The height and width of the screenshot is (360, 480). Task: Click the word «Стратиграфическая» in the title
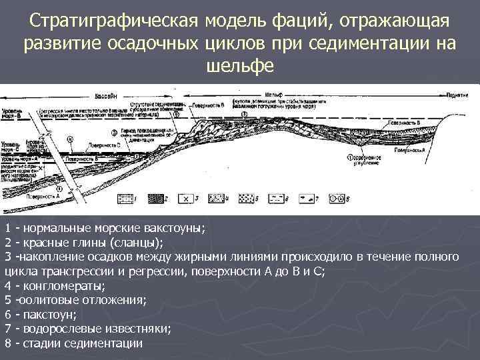(115, 23)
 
